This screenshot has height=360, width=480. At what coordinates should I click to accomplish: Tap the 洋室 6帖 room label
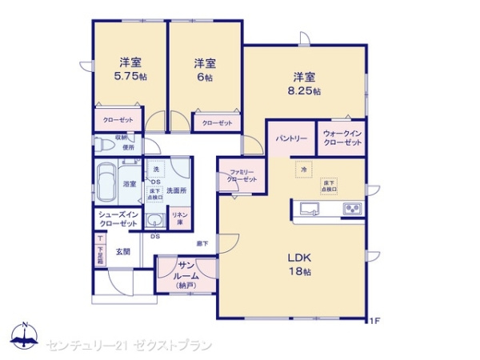205,70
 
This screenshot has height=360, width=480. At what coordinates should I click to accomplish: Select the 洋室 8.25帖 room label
304,83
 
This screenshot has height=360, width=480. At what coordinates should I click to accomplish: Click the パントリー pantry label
292,138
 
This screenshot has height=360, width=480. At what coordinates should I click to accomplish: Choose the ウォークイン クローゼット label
342,138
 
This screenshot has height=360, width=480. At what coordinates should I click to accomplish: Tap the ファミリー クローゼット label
242,177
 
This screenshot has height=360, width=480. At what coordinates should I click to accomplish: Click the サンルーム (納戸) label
185,274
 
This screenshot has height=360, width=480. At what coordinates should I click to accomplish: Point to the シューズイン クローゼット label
119,219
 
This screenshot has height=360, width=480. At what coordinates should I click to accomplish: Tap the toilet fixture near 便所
104,146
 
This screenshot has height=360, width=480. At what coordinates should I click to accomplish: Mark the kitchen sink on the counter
309,210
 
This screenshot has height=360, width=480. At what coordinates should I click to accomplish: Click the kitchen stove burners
353,210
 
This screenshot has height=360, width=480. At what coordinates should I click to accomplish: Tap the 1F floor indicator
373,322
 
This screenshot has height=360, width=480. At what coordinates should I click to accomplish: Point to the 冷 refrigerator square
304,170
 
